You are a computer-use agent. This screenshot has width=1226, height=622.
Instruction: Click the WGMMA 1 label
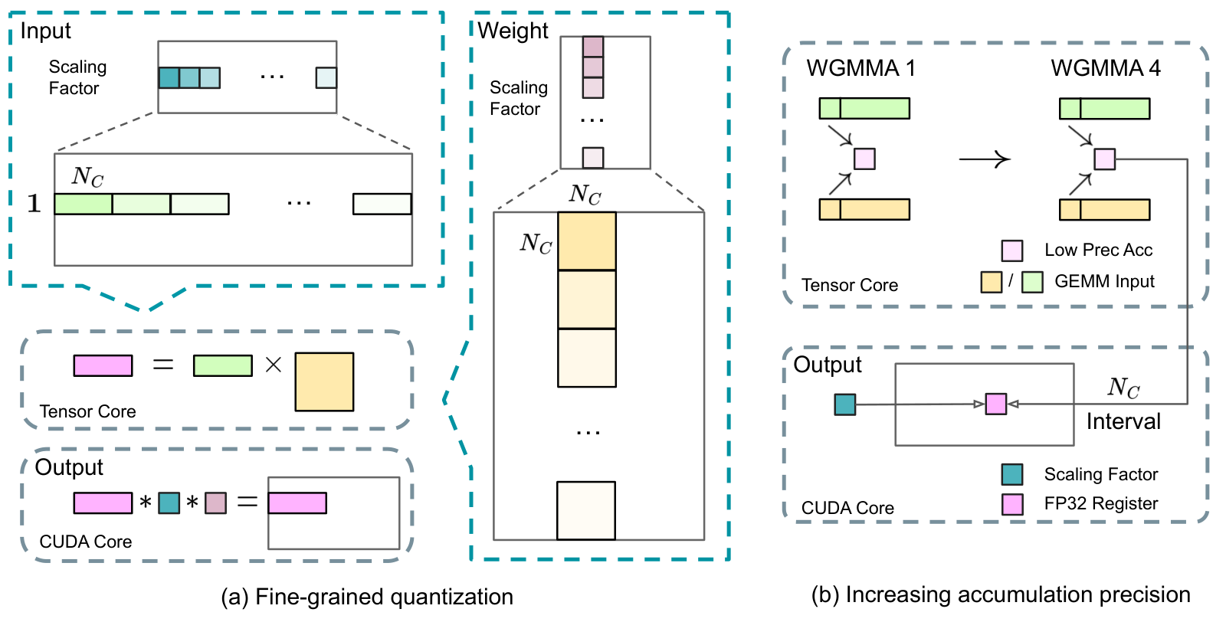point(860,68)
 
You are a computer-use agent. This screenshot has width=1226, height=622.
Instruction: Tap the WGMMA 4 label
point(1106,68)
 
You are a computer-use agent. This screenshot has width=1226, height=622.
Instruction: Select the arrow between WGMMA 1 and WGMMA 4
point(984,160)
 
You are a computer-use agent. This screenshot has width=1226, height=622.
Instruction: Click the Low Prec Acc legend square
point(1012,250)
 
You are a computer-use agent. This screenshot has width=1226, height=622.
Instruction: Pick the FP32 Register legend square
point(1012,504)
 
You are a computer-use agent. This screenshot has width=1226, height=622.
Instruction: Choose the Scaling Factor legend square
point(1012,474)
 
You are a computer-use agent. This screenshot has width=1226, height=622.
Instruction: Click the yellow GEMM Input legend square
point(992,283)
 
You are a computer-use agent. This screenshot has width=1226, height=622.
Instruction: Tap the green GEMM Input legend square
point(1032,283)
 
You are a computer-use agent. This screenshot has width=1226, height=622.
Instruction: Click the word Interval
point(1123,421)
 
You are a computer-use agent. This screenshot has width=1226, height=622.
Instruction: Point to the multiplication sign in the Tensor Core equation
point(273,365)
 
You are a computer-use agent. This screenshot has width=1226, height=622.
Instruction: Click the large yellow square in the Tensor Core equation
point(325,381)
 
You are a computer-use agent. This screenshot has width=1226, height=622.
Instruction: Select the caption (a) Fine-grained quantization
point(367,597)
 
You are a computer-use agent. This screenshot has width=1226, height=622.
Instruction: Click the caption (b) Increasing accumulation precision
point(1001,595)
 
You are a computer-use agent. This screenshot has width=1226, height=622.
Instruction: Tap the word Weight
point(513,31)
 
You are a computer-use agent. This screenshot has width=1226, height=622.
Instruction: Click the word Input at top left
point(45,31)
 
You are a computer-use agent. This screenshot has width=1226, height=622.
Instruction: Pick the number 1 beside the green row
point(34,204)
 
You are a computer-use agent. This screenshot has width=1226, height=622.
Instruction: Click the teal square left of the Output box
point(845,404)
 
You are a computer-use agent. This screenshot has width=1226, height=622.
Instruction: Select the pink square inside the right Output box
point(996,404)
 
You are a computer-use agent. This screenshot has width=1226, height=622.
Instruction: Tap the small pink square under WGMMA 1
point(865,159)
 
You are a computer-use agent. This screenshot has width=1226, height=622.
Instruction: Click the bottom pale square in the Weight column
point(586,510)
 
